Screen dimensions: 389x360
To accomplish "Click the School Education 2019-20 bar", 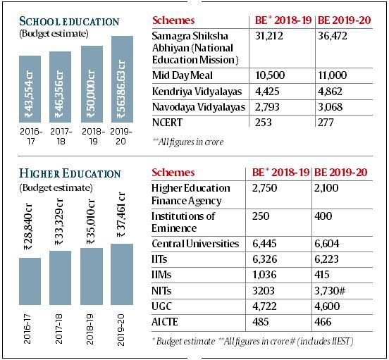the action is pos(122,79).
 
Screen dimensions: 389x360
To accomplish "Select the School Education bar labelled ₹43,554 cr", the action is pos(30,89).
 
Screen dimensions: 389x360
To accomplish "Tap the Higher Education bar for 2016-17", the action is pos(30,281).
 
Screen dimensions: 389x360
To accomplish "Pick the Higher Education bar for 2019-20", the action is pos(122,274).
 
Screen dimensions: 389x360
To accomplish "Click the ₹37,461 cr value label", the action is pos(121,214).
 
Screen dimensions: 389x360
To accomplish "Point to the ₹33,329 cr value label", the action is pos(59,221).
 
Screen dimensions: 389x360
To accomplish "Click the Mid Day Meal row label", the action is pos(183,75).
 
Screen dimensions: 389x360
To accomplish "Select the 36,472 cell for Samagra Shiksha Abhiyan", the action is pos(333,36).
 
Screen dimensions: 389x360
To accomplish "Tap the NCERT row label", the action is pos(167,123).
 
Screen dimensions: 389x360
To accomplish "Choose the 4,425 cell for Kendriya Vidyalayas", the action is pos(267,92).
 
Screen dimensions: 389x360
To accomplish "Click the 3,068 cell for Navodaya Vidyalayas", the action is pos(331,107).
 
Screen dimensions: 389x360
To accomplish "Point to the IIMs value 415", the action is pos(322,275).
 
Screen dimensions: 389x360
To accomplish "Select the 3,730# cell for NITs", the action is pos(330,290).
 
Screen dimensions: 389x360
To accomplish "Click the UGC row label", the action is pos(161,306).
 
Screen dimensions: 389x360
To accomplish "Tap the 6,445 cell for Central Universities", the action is pos(264,244).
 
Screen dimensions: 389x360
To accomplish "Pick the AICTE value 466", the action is pos(323,322).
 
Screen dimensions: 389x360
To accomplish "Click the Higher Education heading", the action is pos(70,173).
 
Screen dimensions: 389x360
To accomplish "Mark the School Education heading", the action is pos(69,21).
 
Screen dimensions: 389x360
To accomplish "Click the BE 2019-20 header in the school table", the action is pos(345,20).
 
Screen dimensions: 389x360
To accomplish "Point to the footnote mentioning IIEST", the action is pos(253,342).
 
